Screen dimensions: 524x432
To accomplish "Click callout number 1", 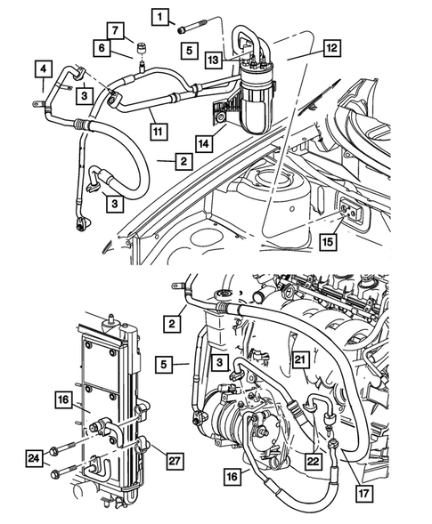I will tap(159, 16).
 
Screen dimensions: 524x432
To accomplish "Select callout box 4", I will tap(42, 69).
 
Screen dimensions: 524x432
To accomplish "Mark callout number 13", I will tap(212, 59).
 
